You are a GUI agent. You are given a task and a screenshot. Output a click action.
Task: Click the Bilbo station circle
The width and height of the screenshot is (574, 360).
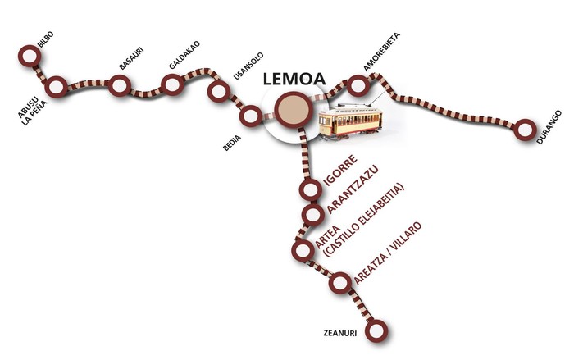(x=30, y=56)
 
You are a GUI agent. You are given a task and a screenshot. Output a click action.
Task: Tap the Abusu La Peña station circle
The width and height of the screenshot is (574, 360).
(x=56, y=87)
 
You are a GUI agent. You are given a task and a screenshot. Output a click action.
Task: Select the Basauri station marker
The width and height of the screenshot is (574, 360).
(x=120, y=86)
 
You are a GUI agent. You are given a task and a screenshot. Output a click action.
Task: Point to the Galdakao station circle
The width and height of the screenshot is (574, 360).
(x=173, y=84)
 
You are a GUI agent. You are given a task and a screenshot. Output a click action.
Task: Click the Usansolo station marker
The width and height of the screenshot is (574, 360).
(x=219, y=91)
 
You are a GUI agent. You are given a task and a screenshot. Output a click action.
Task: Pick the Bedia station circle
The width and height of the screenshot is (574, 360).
(x=251, y=116)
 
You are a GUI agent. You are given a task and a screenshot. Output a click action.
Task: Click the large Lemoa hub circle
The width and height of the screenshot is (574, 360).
(x=294, y=110)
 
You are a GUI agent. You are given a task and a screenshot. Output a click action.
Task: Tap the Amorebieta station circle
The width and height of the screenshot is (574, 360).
(x=358, y=85)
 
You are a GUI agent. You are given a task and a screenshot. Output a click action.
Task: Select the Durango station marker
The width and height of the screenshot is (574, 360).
(x=525, y=130)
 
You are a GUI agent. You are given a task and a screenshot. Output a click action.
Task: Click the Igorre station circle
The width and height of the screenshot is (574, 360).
(x=311, y=189)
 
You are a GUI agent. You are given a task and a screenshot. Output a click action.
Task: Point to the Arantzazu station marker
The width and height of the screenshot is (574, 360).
(x=313, y=215)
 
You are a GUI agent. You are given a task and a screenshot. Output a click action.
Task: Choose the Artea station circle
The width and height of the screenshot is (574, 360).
(x=303, y=250)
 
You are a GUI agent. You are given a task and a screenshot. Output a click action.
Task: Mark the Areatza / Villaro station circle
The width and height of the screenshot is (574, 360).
(x=340, y=283)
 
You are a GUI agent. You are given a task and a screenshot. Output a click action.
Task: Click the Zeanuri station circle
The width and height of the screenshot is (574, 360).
(x=376, y=330)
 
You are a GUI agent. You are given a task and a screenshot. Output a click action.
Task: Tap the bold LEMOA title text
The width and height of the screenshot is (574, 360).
(x=294, y=79)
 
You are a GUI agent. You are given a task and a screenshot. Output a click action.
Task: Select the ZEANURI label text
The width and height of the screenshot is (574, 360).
(x=340, y=333)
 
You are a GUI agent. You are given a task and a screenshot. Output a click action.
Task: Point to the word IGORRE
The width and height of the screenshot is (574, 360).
(x=340, y=171)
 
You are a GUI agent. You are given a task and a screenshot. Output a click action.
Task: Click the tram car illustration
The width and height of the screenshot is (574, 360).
(x=350, y=121)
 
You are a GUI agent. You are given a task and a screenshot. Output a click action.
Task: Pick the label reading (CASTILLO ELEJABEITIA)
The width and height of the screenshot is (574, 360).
(x=364, y=220)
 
